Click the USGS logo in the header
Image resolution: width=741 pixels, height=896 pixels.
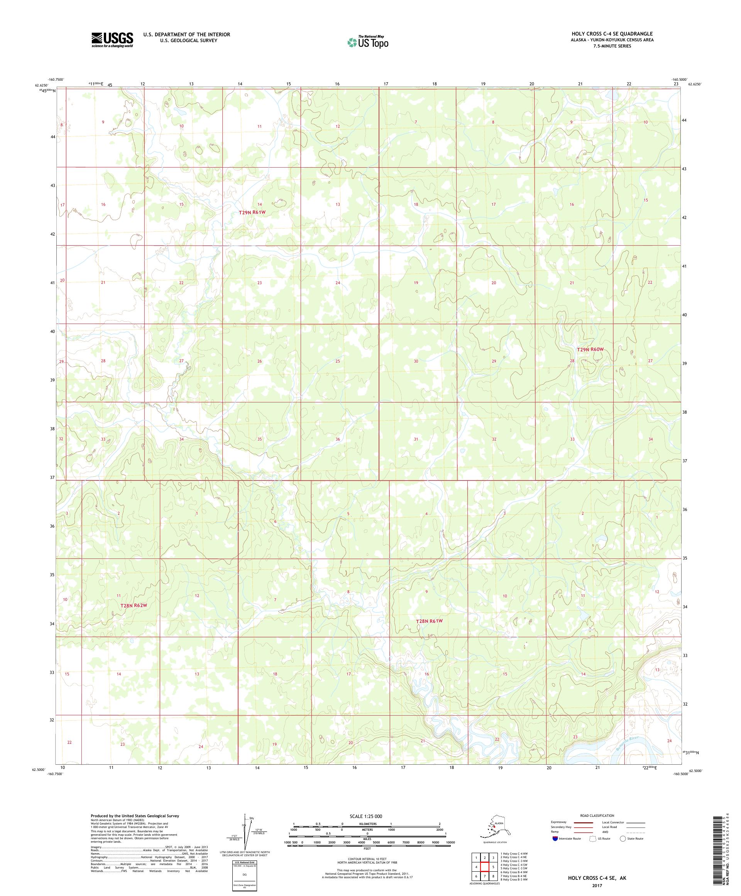pos(112,40)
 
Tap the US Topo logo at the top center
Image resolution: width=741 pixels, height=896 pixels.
pos(367,42)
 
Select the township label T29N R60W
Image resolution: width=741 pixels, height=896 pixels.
pos(590,350)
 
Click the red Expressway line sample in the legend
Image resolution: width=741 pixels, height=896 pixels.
pos(584,822)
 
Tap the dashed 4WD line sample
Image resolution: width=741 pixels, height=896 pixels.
pos(636,832)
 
